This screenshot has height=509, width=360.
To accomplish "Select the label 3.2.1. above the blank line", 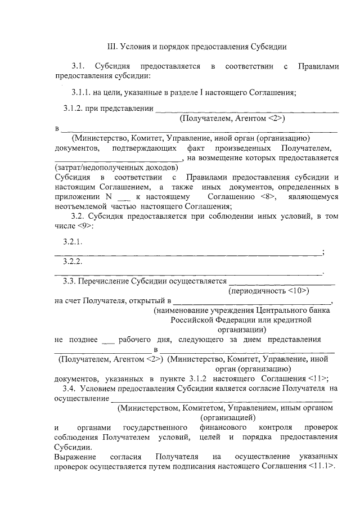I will [73, 242].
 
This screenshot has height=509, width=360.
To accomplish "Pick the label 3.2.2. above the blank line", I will [73, 263].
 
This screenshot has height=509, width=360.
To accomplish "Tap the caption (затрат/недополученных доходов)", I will [116, 168].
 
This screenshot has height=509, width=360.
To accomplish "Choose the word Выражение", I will [74, 456].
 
